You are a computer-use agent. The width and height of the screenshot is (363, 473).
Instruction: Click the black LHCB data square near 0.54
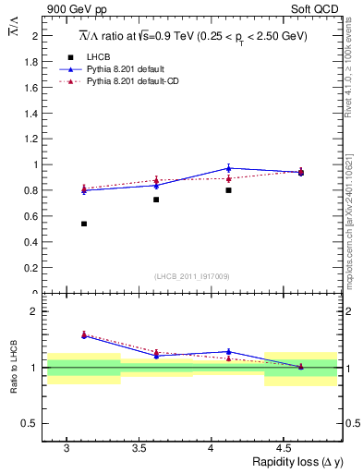(84, 224)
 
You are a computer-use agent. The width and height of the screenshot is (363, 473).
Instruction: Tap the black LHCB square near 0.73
(156, 200)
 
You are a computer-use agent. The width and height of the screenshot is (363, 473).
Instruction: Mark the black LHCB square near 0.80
(228, 190)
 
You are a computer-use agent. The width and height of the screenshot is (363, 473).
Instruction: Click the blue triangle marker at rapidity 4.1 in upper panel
(228, 168)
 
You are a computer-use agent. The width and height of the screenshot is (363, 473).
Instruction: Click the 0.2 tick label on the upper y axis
(30, 268)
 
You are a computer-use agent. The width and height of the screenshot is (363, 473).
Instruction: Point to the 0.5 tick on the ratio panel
(30, 423)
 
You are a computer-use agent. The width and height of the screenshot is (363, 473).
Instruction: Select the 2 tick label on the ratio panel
(34, 311)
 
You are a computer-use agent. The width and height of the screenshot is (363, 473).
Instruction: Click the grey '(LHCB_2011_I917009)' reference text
(191, 276)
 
